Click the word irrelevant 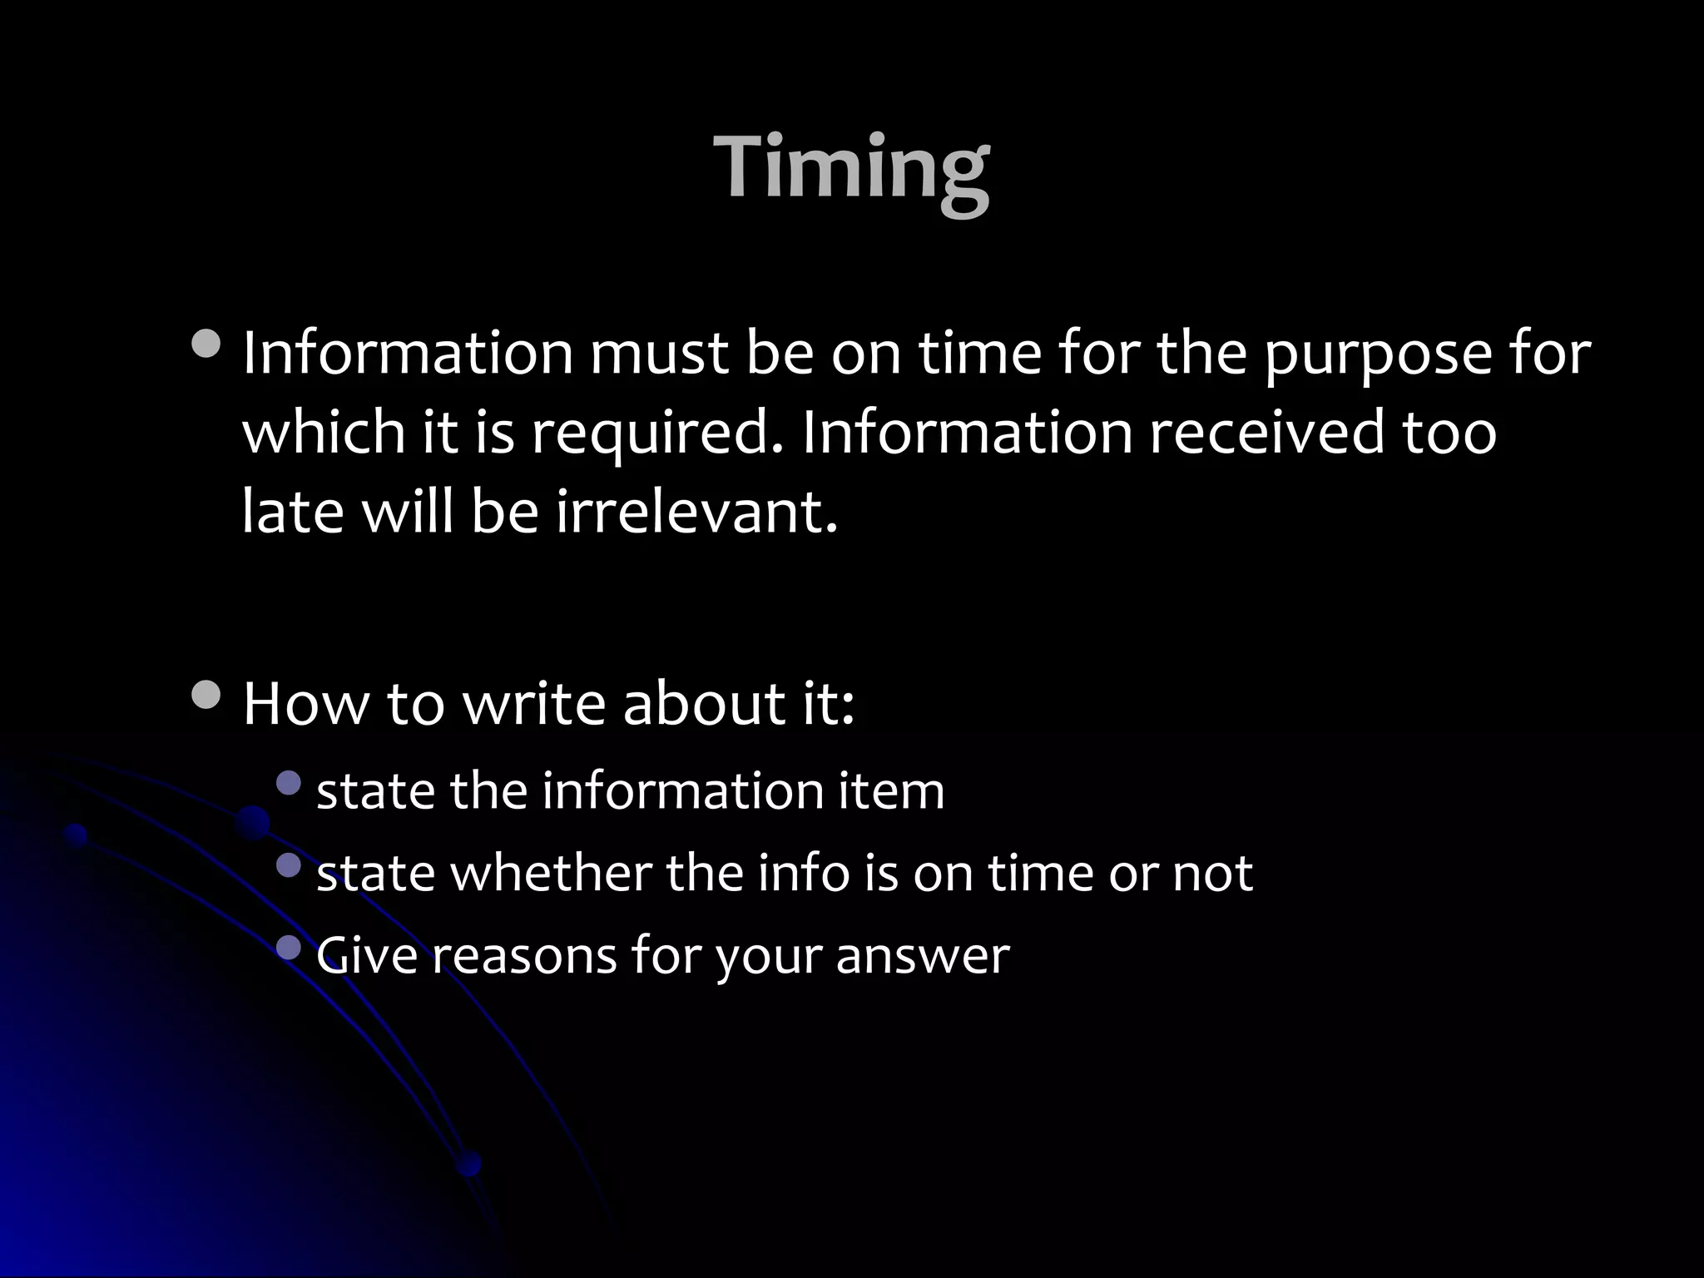[696, 511]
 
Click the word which [324, 433]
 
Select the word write [533, 704]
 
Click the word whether [550, 874]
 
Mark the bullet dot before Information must [206, 344]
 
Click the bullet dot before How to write [206, 694]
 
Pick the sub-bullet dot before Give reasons [289, 946]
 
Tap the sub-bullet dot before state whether [289, 864]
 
